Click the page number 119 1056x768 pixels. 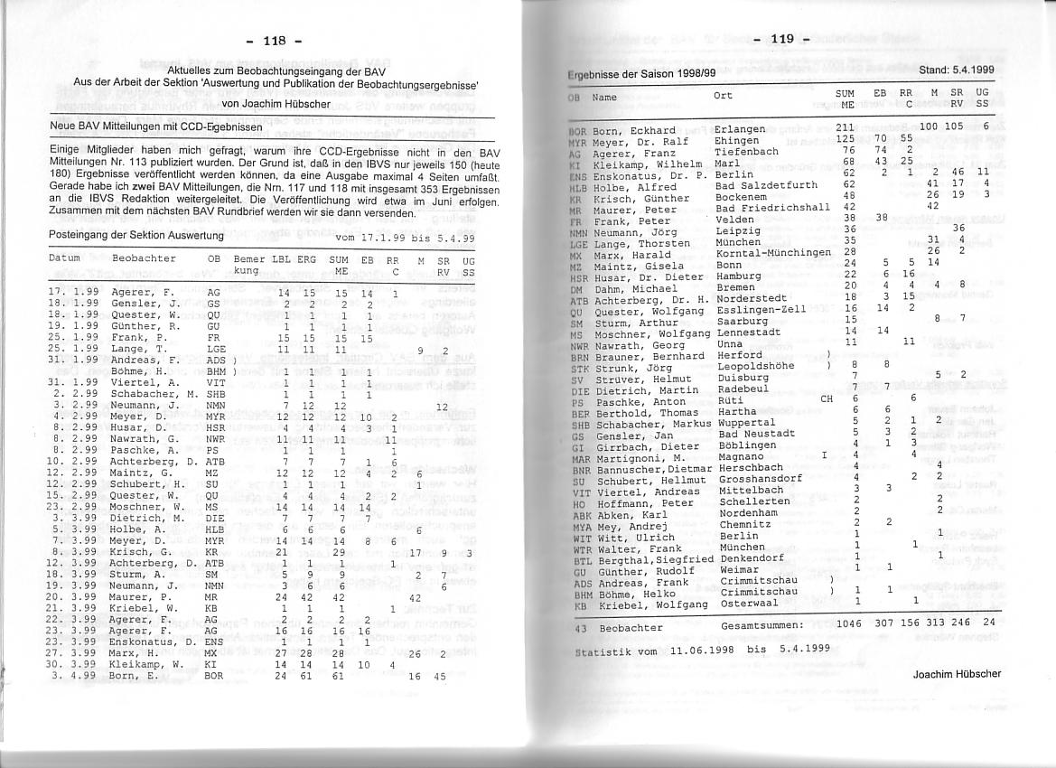tap(782, 39)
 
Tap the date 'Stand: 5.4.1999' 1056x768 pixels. tap(957, 70)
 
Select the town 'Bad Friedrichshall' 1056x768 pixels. tap(772, 208)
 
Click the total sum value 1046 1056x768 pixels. tap(849, 623)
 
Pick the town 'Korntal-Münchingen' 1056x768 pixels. tap(773, 252)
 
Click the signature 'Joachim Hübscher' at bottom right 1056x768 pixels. tap(957, 674)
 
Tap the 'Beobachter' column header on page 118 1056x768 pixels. tap(145, 259)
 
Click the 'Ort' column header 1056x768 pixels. tap(723, 95)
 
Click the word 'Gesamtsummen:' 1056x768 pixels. tap(762, 624)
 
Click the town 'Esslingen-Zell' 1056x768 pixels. tap(761, 309)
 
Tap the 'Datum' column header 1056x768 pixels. tap(65, 259)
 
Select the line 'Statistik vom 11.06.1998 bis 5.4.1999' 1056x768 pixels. tap(689, 650)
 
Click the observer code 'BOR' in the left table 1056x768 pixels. tap(213, 675)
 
